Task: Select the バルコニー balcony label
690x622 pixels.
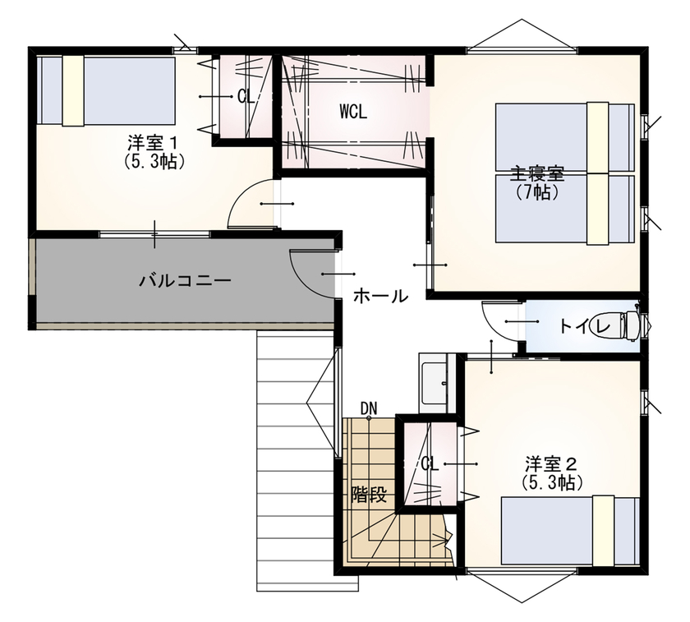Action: pos(185,280)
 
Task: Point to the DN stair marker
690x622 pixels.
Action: pos(369,408)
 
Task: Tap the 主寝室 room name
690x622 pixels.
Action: pos(537,174)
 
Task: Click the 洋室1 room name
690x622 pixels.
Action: pos(153,142)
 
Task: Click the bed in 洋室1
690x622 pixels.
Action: pos(107,90)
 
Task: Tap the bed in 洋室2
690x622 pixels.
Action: pos(570,531)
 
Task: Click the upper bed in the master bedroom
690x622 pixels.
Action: pos(565,137)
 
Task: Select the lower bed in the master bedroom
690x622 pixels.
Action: pos(565,209)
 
